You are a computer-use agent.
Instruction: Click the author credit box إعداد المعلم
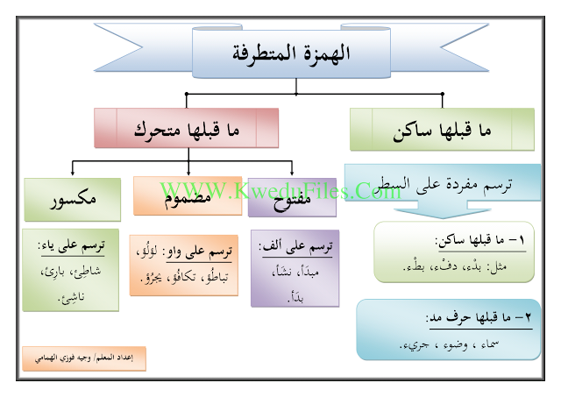point(83,358)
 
